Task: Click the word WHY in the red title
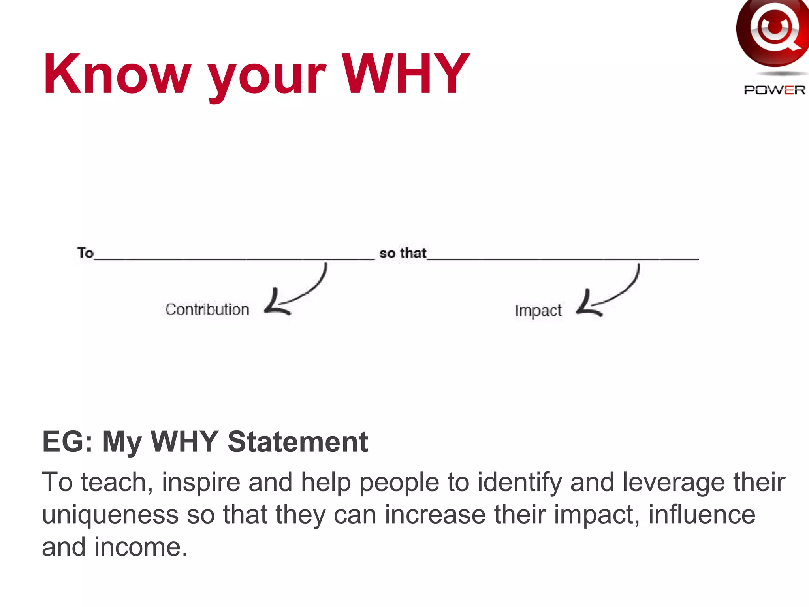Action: click(x=405, y=74)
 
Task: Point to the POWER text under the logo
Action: click(x=774, y=90)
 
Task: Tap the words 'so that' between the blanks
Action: click(x=403, y=253)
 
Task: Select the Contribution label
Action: click(x=207, y=310)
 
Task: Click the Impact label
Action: click(x=538, y=311)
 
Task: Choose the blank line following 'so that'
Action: click(x=563, y=259)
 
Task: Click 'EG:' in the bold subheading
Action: click(x=68, y=441)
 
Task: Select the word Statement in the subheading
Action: click(x=298, y=441)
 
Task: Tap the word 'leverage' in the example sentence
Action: click(x=674, y=483)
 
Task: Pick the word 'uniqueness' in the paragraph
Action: click(x=110, y=515)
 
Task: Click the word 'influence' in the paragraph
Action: click(x=702, y=515)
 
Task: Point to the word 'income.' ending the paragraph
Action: click(x=140, y=547)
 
